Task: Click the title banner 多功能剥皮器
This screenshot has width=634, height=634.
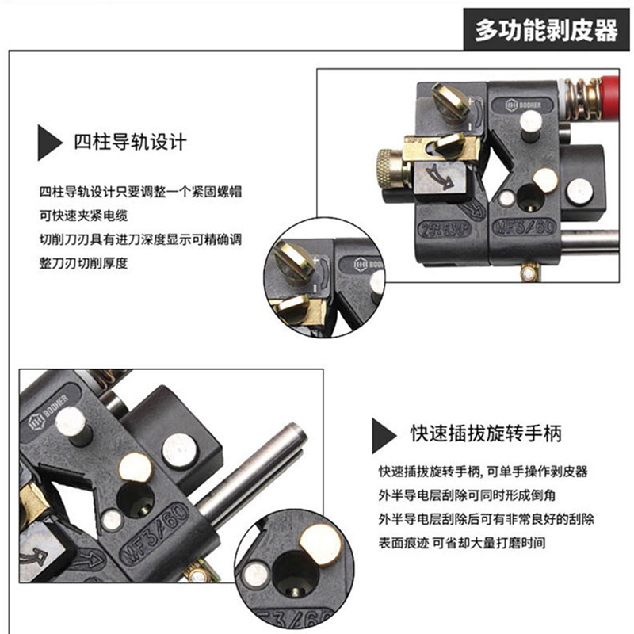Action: pyautogui.click(x=546, y=29)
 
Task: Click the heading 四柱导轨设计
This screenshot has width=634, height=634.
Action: pyautogui.click(x=130, y=143)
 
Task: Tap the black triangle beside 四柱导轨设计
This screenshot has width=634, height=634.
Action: pyautogui.click(x=49, y=143)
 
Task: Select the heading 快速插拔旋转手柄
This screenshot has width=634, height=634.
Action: pyautogui.click(x=486, y=433)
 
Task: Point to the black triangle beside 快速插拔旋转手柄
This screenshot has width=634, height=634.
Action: pyautogui.click(x=384, y=435)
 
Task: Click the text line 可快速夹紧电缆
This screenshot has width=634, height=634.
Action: pyautogui.click(x=83, y=216)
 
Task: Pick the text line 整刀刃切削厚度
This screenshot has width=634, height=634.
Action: pyautogui.click(x=83, y=263)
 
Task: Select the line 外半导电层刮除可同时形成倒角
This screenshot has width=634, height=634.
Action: pyautogui.click(x=467, y=495)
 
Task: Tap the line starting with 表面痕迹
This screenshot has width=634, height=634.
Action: pyautogui.click(x=462, y=543)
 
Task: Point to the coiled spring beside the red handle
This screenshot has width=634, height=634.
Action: pyautogui.click(x=583, y=98)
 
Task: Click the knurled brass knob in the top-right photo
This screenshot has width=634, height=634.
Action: pyautogui.click(x=388, y=169)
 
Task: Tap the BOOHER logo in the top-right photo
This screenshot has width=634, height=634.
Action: pyautogui.click(x=523, y=105)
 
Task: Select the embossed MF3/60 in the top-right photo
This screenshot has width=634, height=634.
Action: pyautogui.click(x=525, y=227)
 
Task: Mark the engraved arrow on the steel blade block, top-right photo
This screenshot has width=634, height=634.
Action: pyautogui.click(x=441, y=177)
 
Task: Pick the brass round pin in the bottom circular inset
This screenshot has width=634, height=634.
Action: pyautogui.click(x=321, y=544)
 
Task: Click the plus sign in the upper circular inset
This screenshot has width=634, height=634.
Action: pyautogui.click(x=315, y=260)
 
